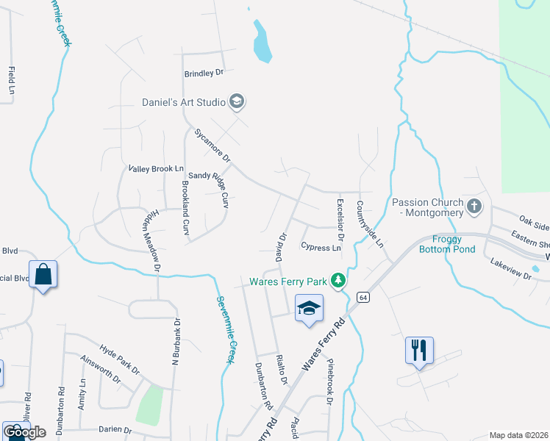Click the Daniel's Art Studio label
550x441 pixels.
184,102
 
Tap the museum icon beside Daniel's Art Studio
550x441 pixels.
237,101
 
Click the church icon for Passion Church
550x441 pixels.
475,207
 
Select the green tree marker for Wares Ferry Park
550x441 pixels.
337,281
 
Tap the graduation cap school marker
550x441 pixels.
309,308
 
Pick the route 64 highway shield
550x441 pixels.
362,297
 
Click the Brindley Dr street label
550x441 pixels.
204,73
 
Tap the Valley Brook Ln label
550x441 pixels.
156,169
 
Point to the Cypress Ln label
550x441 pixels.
321,248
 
